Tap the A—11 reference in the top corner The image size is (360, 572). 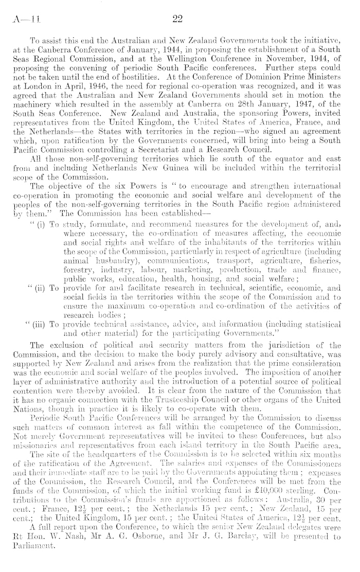point(23,19)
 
